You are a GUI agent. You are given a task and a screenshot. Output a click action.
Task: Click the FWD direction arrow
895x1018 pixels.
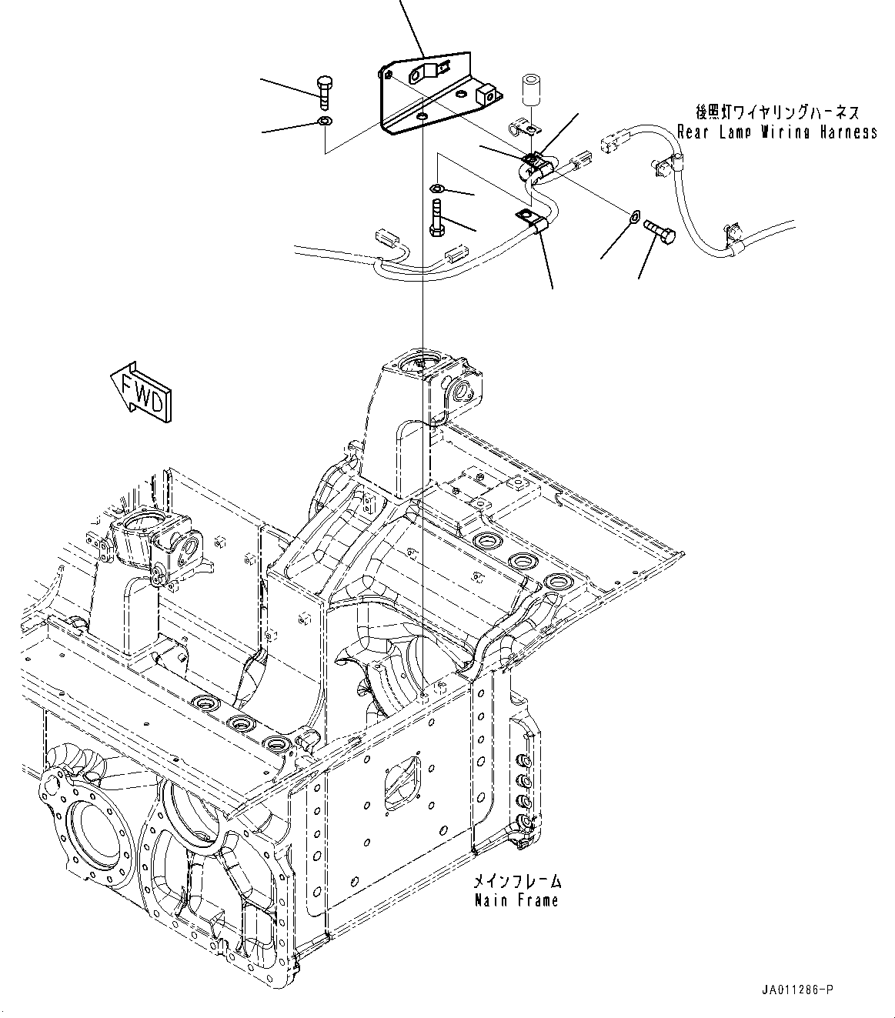(x=142, y=392)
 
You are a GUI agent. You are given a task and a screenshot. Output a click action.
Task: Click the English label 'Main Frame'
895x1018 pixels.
(x=516, y=900)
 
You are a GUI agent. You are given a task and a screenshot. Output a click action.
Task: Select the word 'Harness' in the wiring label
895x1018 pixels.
(x=847, y=132)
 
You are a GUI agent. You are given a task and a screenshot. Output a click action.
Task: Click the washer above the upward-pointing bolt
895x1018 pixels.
(x=437, y=189)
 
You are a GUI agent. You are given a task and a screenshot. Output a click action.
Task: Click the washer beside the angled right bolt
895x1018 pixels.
(x=633, y=218)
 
